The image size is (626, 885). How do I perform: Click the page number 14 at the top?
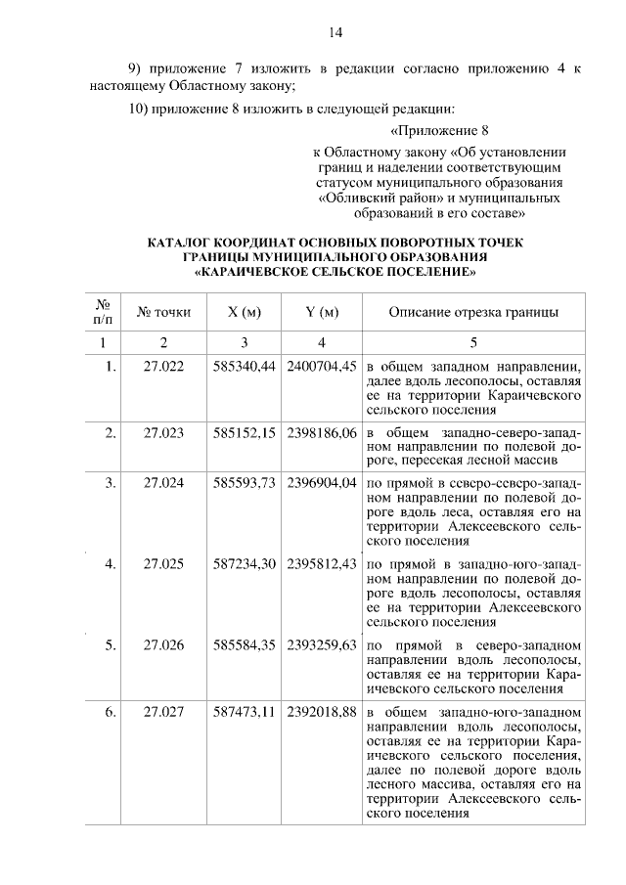point(335,32)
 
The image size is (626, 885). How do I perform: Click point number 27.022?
point(163,367)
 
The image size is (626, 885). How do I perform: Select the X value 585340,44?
point(245,367)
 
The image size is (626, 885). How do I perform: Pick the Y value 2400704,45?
point(322,367)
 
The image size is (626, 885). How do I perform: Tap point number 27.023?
point(163,432)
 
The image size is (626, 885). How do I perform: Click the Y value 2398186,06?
point(322,432)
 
